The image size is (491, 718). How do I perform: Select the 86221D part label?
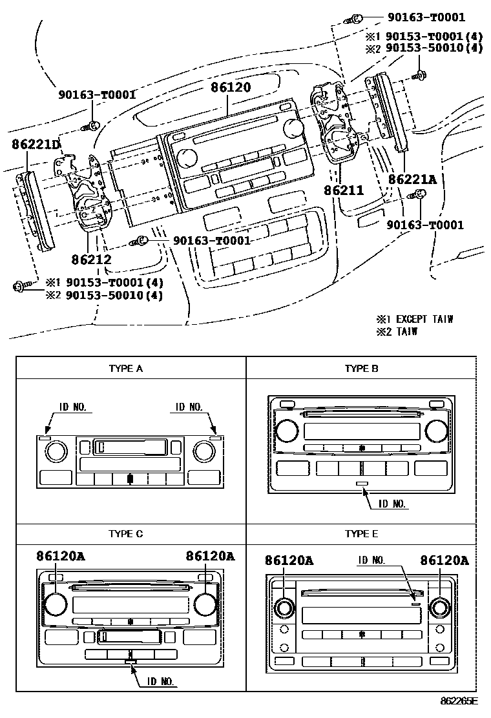point(36,145)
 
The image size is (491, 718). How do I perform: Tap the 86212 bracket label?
point(91,260)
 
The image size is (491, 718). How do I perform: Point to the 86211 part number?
point(344,190)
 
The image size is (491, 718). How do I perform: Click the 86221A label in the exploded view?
point(412,179)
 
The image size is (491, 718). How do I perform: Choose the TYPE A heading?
point(125,369)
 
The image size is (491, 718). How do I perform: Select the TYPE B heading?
point(361,369)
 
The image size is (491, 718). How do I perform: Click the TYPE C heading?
point(125,534)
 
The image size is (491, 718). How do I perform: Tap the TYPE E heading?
point(361,534)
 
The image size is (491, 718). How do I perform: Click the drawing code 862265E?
point(459,701)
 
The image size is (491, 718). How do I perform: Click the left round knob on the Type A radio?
point(56,450)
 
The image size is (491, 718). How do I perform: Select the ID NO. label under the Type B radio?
point(392,504)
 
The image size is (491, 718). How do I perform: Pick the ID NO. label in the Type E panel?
point(371,560)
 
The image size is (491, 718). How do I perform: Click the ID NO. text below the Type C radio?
point(162,681)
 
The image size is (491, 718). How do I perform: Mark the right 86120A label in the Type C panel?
point(210,556)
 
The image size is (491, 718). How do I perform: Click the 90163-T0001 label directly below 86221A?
point(424,225)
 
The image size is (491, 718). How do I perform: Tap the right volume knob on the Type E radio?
point(440,608)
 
